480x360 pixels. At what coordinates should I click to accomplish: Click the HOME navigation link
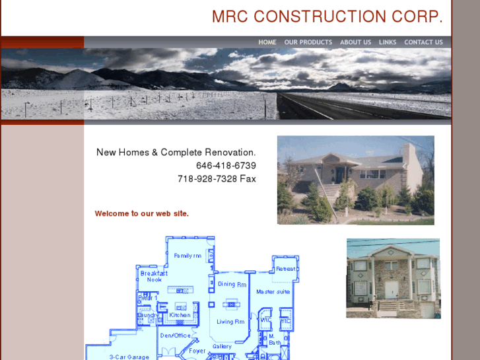click(x=267, y=42)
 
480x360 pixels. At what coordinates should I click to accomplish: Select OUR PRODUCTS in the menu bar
click(x=308, y=42)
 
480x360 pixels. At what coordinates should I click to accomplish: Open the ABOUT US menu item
click(x=355, y=42)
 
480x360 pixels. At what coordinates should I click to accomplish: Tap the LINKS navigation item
click(x=388, y=42)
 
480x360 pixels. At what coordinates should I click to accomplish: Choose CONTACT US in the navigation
click(x=423, y=42)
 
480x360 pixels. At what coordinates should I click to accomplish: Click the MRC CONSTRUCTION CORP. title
click(x=327, y=17)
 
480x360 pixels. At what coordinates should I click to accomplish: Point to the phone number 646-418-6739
click(x=226, y=166)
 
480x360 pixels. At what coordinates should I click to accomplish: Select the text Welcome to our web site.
click(x=141, y=213)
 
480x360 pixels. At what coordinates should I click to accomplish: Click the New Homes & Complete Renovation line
click(x=176, y=153)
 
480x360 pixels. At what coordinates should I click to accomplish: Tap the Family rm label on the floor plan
click(x=188, y=256)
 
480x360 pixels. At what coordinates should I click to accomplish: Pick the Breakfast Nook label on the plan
click(x=154, y=276)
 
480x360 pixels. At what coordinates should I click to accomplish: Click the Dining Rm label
click(x=232, y=284)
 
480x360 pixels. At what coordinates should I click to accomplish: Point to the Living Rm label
click(x=230, y=322)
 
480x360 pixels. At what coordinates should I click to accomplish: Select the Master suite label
click(x=273, y=291)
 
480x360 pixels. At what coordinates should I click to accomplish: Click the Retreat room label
click(x=285, y=269)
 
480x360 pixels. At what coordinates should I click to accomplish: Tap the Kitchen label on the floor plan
click(x=180, y=315)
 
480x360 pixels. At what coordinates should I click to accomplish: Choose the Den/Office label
click(x=175, y=336)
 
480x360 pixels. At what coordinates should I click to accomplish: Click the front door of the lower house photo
click(x=392, y=289)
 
